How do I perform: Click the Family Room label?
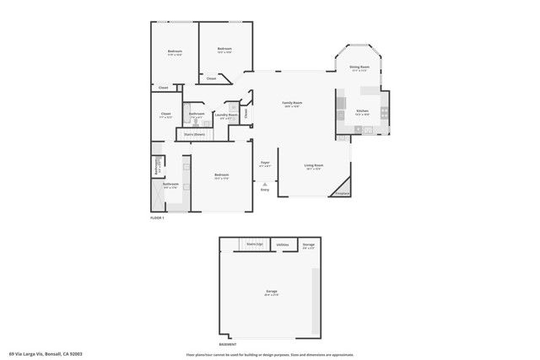(292, 103)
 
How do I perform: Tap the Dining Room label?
(360, 67)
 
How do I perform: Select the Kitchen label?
(361, 111)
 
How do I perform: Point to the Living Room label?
(315, 165)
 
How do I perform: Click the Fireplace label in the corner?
(342, 193)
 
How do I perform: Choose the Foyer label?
(265, 162)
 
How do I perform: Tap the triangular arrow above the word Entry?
(265, 183)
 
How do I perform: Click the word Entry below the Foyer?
(265, 190)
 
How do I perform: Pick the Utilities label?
(282, 244)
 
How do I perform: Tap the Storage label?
(309, 244)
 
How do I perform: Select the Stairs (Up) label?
(255, 244)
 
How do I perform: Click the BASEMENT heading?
(228, 344)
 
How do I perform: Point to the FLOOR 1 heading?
(157, 218)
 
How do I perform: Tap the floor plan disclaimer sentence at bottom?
(271, 354)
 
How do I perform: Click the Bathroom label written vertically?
(157, 167)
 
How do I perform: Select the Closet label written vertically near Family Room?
(246, 111)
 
